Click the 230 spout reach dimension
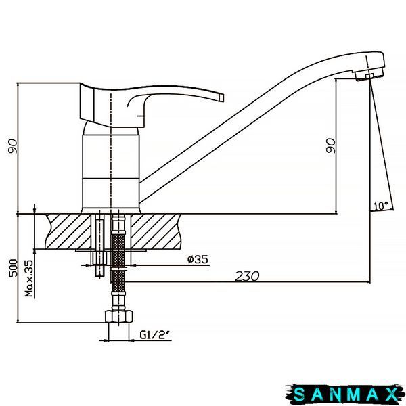click(247, 276)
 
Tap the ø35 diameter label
click(198, 259)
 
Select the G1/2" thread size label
click(155, 335)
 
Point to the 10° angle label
click(380, 206)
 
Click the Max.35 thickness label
click(30, 278)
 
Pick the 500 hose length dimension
click(14, 268)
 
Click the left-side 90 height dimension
click(13, 147)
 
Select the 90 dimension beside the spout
click(331, 145)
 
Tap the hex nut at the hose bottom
click(119, 317)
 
